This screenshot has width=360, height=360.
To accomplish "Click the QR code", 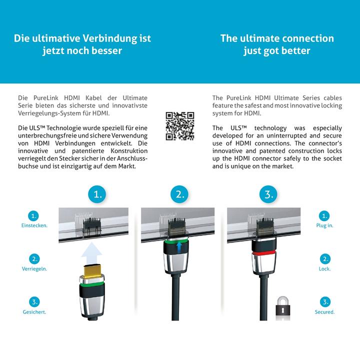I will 179,126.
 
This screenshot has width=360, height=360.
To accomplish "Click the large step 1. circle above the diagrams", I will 98,194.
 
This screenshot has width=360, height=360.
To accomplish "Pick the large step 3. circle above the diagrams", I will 267,194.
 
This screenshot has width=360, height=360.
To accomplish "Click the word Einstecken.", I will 34,225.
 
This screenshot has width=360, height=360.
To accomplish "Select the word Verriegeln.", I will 34,268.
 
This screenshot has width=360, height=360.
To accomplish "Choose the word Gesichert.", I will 34,312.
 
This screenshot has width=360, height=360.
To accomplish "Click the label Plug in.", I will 325,225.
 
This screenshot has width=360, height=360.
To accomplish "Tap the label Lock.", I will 325,268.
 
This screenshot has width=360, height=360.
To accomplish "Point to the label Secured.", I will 325,312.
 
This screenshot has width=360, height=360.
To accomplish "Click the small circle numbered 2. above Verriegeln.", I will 34,258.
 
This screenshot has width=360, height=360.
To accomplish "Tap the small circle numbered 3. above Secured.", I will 325,302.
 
